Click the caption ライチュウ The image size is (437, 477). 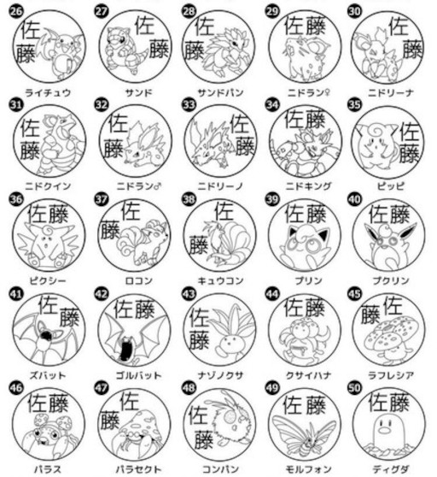pos(47,91)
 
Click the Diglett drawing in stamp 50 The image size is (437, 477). pos(391,438)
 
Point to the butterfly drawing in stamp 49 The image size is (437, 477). pos(305,438)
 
